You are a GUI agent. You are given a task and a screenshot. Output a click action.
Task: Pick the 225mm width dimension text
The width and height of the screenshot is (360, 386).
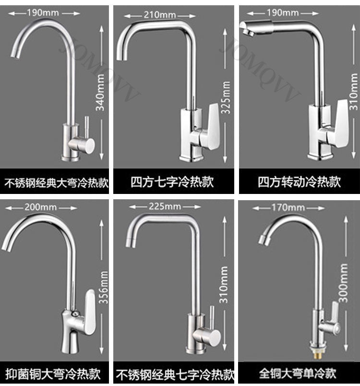[x=165, y=206]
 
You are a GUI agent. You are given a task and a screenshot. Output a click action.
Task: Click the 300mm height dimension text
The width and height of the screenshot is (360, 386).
[x=343, y=286]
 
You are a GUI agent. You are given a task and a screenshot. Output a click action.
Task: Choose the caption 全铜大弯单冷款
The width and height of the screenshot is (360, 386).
[x=298, y=373]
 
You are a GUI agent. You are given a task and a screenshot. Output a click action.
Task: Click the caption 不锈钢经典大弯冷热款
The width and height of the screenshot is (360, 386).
[x=57, y=182]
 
